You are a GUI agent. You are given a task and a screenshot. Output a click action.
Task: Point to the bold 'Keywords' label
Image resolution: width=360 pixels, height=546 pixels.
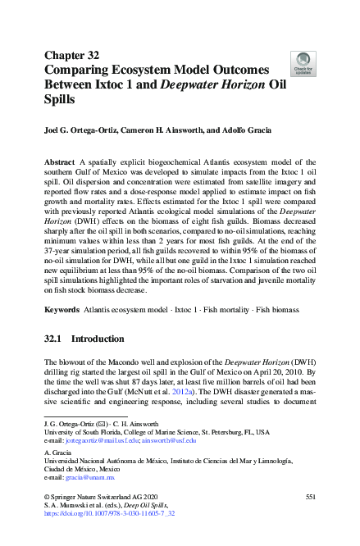click(x=62, y=310)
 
